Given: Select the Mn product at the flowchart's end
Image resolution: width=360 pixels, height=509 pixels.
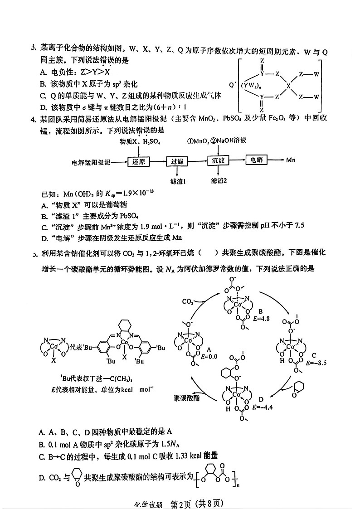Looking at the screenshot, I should (x=291, y=160).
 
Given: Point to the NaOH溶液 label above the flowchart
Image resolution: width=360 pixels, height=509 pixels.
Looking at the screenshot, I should (x=231, y=141).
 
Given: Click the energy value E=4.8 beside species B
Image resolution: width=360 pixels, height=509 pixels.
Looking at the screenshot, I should (x=263, y=318).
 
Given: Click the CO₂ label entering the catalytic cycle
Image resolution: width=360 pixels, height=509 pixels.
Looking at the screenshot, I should (x=189, y=301).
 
